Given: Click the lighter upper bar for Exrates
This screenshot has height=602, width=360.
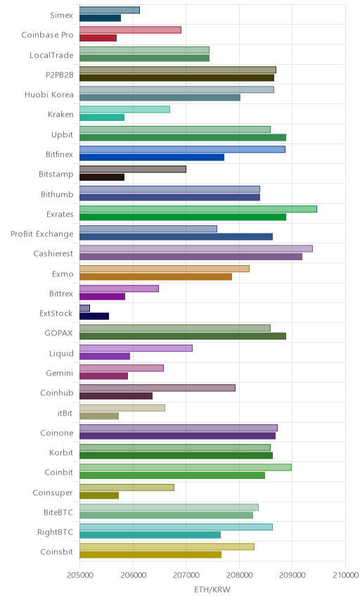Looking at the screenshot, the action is tap(198, 209).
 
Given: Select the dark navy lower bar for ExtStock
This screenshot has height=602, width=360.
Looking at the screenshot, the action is tap(94, 316).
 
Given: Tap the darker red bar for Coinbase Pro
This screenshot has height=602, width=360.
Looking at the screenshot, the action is tap(98, 38).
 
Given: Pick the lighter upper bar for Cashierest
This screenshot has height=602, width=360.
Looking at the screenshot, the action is tap(196, 248).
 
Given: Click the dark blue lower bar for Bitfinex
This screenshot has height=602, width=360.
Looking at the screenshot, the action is tap(152, 157).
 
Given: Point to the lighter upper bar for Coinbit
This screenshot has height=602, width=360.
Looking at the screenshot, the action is tap(186, 467).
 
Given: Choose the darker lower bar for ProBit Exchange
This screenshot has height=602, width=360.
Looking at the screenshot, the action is tap(176, 236).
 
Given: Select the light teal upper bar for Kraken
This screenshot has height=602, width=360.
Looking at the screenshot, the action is tap(124, 110).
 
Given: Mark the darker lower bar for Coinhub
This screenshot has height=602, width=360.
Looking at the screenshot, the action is tap(116, 396).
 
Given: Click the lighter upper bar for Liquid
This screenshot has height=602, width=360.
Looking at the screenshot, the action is tap(136, 348).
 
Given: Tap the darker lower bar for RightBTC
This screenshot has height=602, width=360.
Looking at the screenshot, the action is tap(150, 534).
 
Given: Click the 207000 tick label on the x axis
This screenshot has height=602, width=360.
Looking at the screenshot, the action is tap(186, 575).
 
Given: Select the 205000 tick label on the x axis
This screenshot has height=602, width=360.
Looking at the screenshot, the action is tap(80, 575).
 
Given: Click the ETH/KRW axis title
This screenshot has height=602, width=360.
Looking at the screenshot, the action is tap(212, 589).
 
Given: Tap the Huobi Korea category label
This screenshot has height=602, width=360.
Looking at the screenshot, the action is tap(49, 94).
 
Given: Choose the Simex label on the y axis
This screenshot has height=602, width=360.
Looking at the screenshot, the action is tap(61, 15).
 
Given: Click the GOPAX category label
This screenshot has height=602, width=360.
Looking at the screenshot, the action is tap(59, 333).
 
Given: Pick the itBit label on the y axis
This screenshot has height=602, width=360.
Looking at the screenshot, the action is tap(65, 413).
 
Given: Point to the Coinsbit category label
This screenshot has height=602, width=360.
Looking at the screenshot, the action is tap(56, 551).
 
